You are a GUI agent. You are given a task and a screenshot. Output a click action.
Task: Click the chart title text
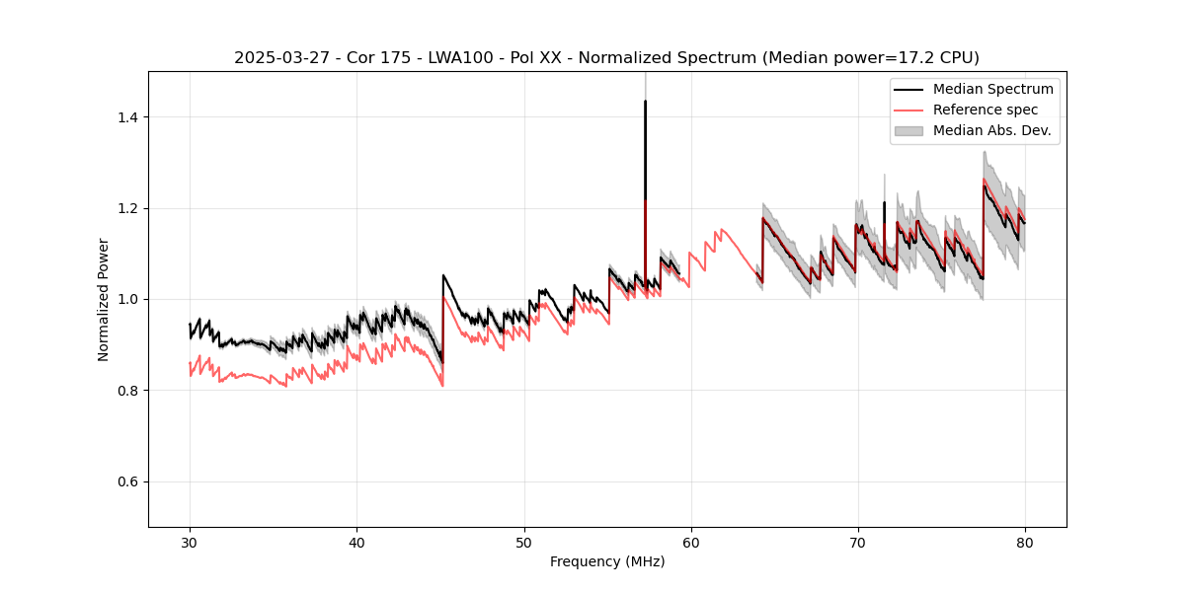coord(606,58)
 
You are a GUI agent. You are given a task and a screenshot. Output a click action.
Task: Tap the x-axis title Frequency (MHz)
coord(607,561)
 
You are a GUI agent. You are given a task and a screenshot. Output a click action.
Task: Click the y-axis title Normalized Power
coord(104,299)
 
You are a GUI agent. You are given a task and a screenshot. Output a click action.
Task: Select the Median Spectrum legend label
coord(992,89)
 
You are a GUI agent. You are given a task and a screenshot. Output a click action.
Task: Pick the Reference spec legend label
coord(985,110)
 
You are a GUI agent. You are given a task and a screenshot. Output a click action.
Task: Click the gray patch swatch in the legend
coord(908,130)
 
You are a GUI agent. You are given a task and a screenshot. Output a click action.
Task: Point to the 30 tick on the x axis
coord(191,542)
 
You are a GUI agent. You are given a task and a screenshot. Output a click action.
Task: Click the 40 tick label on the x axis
coord(357,542)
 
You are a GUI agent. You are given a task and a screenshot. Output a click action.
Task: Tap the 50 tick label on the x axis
coord(524,542)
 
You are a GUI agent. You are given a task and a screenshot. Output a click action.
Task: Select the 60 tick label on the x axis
coord(691,542)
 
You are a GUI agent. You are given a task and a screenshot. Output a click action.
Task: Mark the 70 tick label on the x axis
coord(858,542)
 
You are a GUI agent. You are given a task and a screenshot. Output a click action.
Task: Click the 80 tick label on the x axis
coord(1025,542)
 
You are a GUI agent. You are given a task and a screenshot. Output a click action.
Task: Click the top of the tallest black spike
coord(645,101)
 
